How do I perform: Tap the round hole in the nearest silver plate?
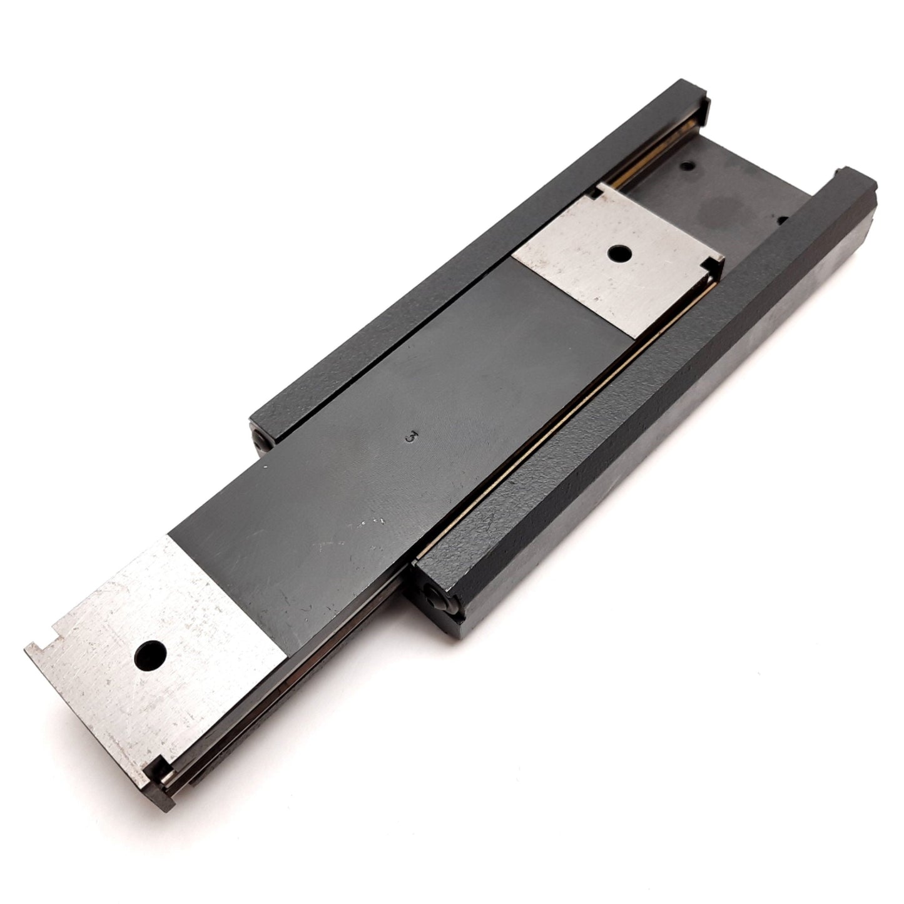pyautogui.click(x=150, y=655)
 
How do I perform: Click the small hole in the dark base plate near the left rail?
pyautogui.click(x=688, y=166)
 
